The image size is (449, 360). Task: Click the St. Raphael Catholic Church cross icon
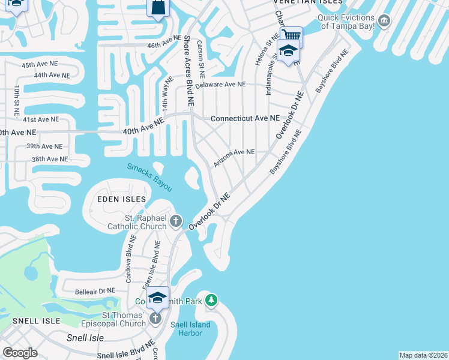tap(176, 222)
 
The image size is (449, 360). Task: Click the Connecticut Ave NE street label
tap(245, 119)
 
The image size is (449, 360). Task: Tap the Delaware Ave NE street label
tap(220, 85)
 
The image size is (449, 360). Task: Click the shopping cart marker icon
tap(291, 36)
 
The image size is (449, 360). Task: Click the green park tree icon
tap(211, 299)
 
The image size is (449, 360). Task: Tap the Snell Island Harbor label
tap(190, 329)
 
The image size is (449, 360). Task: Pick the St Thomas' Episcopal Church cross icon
tap(155, 317)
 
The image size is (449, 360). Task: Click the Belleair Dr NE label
tap(95, 291)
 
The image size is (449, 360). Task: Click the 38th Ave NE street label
tap(50, 159)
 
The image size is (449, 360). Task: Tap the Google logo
tap(20, 352)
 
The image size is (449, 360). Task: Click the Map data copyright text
tap(423, 355)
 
